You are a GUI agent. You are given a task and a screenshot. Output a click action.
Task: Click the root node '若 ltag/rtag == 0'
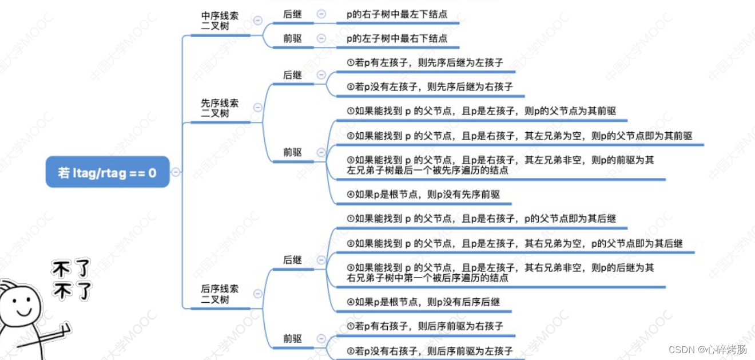coord(108,172)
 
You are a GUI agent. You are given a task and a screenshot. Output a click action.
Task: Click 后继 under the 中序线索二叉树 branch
coord(292,14)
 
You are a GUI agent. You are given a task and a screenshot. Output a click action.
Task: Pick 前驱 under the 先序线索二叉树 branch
coord(292,152)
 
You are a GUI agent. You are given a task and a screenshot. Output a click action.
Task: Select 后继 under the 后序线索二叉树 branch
coord(292,260)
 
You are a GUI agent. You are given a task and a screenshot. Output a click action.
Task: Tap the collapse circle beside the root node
coord(176,172)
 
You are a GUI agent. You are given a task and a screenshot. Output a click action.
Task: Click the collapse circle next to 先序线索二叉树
coord(257,108)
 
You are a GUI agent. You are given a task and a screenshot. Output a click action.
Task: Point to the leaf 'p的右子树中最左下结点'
coord(397,14)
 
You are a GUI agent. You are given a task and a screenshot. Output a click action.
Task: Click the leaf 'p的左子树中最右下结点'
coord(397,39)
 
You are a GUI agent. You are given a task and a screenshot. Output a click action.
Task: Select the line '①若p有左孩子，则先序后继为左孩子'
coord(425,62)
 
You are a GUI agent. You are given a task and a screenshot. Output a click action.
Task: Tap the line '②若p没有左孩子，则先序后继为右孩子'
coord(430,87)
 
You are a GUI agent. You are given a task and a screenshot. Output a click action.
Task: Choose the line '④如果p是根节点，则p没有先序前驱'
coord(423,195)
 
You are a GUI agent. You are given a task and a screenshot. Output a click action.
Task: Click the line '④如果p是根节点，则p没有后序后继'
coord(423,302)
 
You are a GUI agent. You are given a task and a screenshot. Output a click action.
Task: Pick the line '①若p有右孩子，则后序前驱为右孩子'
coord(425,326)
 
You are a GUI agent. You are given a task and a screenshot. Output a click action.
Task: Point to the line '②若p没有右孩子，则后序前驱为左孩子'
coord(430,351)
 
